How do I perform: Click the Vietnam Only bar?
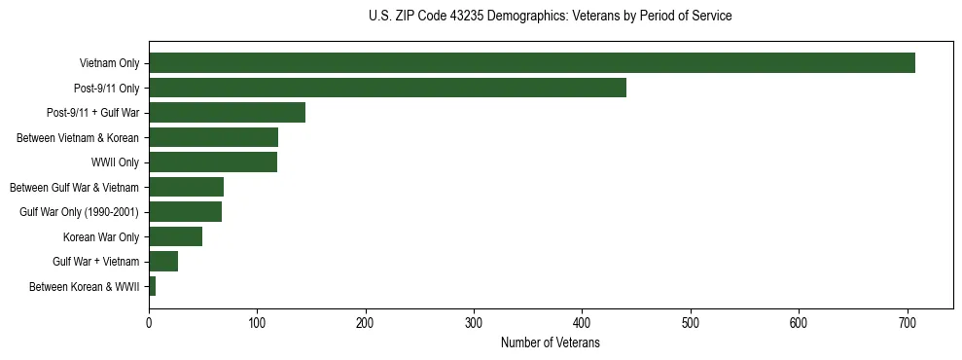pyautogui.click(x=532, y=63)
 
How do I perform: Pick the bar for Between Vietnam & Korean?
pyautogui.click(x=213, y=137)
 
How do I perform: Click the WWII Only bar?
pyautogui.click(x=213, y=162)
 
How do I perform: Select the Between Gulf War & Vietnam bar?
pyautogui.click(x=186, y=187)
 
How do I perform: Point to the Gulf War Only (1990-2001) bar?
pyautogui.click(x=185, y=212)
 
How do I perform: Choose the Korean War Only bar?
pyautogui.click(x=175, y=236)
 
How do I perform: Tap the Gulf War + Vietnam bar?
pyautogui.click(x=163, y=262)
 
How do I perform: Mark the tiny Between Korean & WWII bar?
pyautogui.click(x=152, y=286)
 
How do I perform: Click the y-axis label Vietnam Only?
pyautogui.click(x=109, y=63)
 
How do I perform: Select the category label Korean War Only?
pyautogui.click(x=101, y=236)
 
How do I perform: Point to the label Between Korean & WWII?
pyautogui.click(x=85, y=286)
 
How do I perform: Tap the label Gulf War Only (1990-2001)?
pyautogui.click(x=80, y=212)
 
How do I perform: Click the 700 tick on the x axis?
pyautogui.click(x=907, y=323)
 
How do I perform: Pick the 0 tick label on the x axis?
pyautogui.click(x=149, y=323)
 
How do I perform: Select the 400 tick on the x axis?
pyautogui.click(x=582, y=323)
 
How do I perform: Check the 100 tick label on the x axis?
pyautogui.click(x=257, y=323)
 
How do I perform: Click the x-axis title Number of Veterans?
pyautogui.click(x=550, y=342)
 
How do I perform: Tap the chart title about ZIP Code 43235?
pyautogui.click(x=550, y=17)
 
